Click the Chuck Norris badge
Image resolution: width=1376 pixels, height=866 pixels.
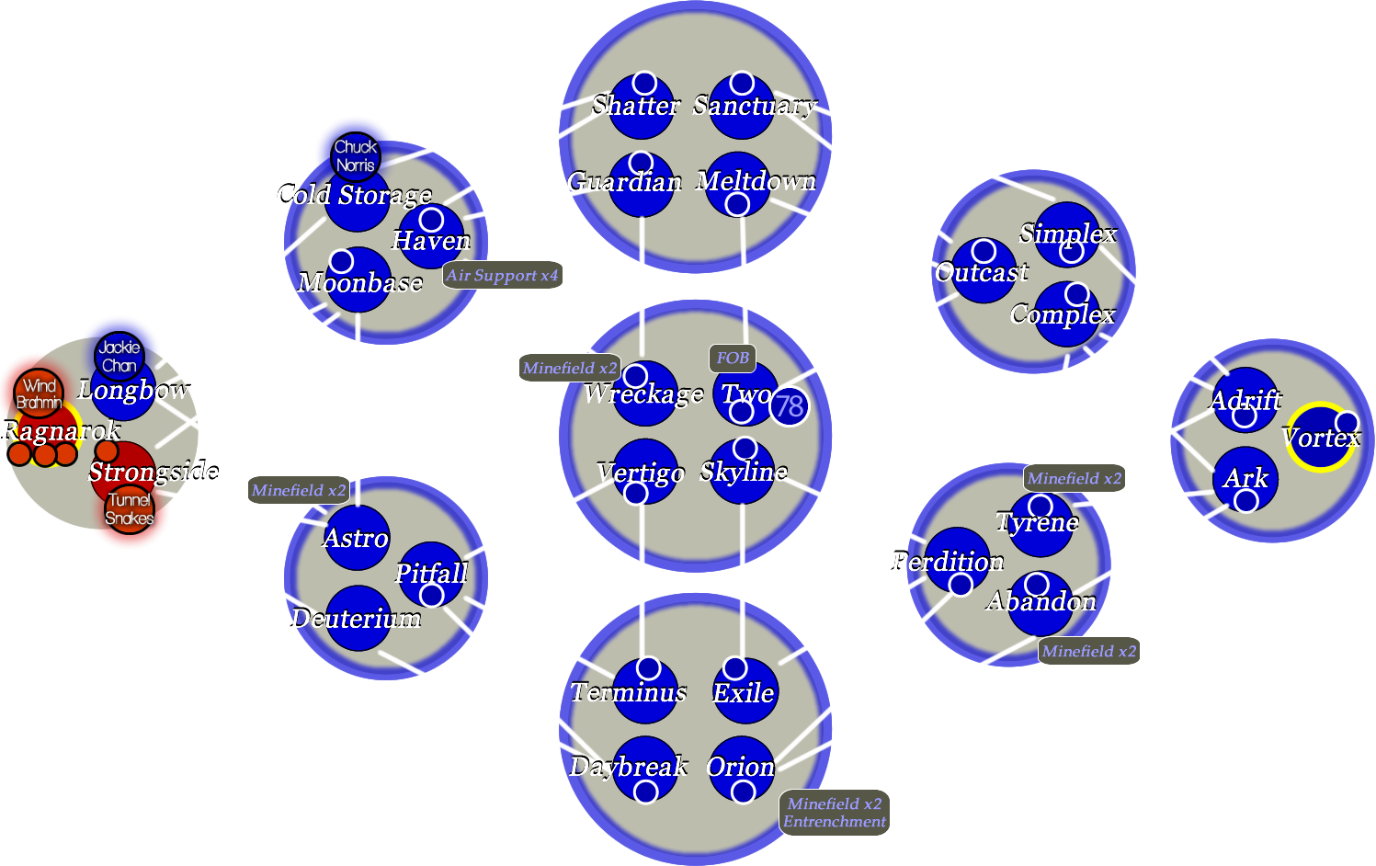click(x=355, y=155)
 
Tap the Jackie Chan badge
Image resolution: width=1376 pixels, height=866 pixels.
click(x=119, y=356)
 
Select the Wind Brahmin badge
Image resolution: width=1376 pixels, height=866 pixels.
click(x=39, y=393)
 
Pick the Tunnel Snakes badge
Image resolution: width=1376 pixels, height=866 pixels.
click(x=129, y=508)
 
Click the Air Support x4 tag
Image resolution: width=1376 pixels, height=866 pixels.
click(x=502, y=275)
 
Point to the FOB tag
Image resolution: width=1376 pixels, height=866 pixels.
click(x=733, y=358)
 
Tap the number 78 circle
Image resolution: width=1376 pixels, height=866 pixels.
click(x=789, y=405)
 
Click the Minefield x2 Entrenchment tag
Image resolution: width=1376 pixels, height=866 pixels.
click(x=835, y=813)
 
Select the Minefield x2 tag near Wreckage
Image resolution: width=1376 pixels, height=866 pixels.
click(x=569, y=368)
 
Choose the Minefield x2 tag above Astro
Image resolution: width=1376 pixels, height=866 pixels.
click(x=299, y=490)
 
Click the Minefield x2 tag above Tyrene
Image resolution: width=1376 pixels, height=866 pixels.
click(x=1074, y=478)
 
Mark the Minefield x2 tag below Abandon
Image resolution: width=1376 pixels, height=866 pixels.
click(x=1089, y=651)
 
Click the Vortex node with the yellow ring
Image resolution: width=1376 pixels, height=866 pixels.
click(x=1320, y=437)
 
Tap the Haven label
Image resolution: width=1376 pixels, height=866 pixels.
click(x=431, y=241)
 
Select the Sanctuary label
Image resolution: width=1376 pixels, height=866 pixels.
click(x=754, y=106)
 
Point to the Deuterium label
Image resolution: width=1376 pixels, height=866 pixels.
click(x=356, y=619)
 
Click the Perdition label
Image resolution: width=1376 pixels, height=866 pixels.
click(x=947, y=561)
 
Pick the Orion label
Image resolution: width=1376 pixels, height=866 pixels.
click(x=740, y=766)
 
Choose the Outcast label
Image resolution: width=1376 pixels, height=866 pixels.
click(x=982, y=272)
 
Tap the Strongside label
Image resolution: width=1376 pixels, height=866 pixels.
click(x=154, y=472)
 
